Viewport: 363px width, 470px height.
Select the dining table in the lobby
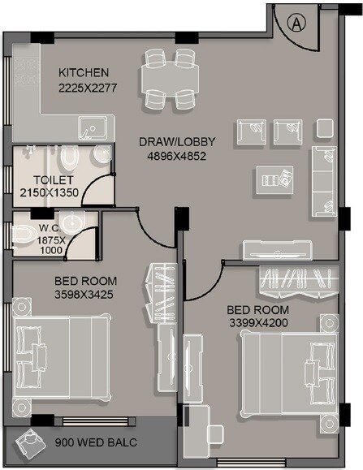tap(169, 80)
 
